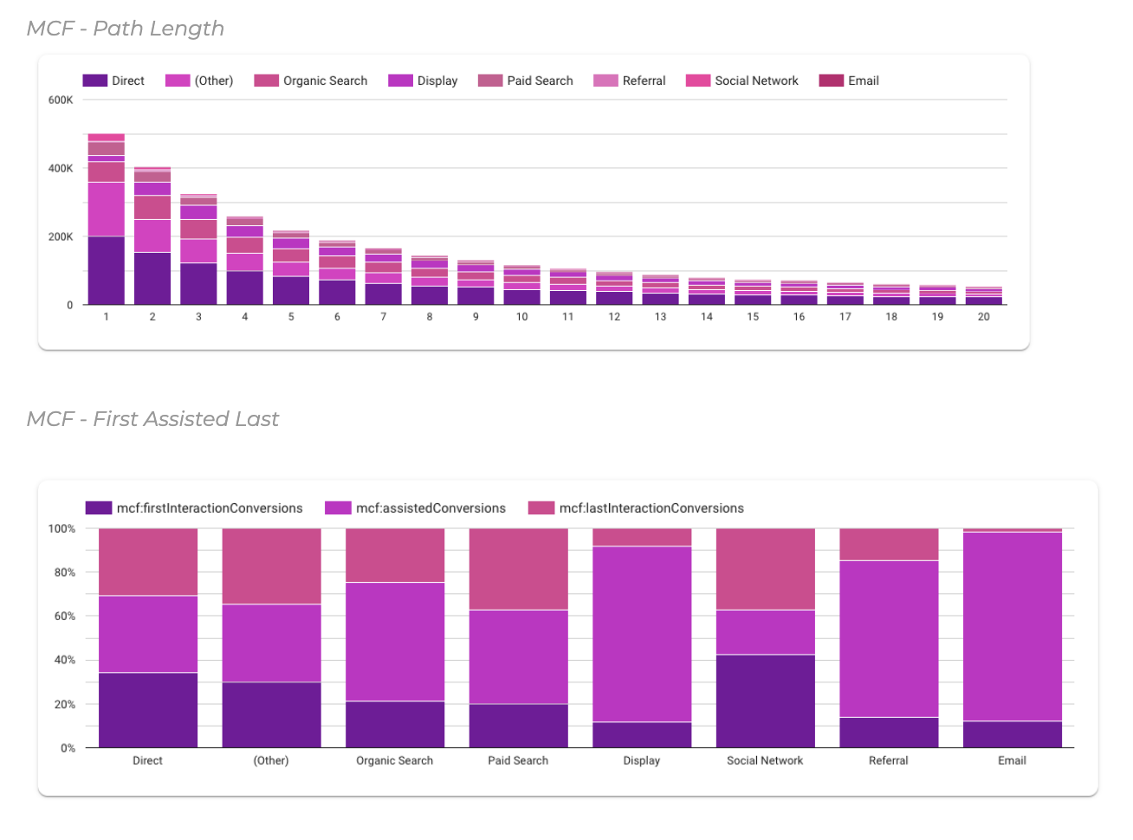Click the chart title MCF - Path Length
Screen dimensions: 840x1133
[126, 29]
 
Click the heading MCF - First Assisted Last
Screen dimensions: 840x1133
[152, 419]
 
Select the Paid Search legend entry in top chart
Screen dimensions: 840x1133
[526, 81]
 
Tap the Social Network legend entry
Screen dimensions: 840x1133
[742, 81]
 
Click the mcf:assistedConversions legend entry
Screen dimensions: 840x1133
[416, 508]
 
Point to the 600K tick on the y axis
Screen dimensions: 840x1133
[61, 100]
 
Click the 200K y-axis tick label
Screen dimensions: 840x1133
[61, 236]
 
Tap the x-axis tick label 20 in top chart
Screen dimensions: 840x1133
[983, 317]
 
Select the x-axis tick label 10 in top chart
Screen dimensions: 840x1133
[521, 317]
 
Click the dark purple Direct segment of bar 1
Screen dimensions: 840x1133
[106, 270]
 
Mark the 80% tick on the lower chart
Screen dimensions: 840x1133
[62, 572]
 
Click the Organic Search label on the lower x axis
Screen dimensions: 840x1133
[394, 760]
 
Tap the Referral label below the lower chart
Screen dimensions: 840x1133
[888, 760]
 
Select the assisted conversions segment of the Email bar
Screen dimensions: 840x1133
[1012, 626]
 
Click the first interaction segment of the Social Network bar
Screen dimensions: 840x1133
[765, 701]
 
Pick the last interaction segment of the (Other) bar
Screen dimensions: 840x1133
[271, 566]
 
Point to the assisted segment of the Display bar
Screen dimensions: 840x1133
[641, 634]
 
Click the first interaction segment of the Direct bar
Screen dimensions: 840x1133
[147, 710]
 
